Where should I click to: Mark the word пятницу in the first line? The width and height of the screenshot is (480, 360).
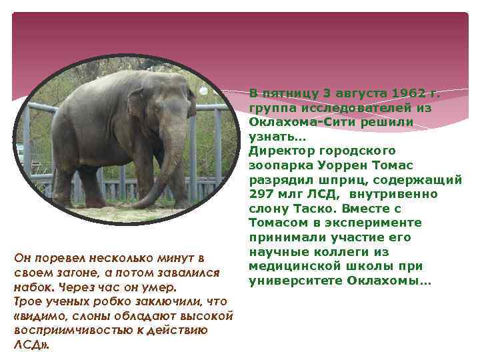pyautogui.click(x=293, y=92)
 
